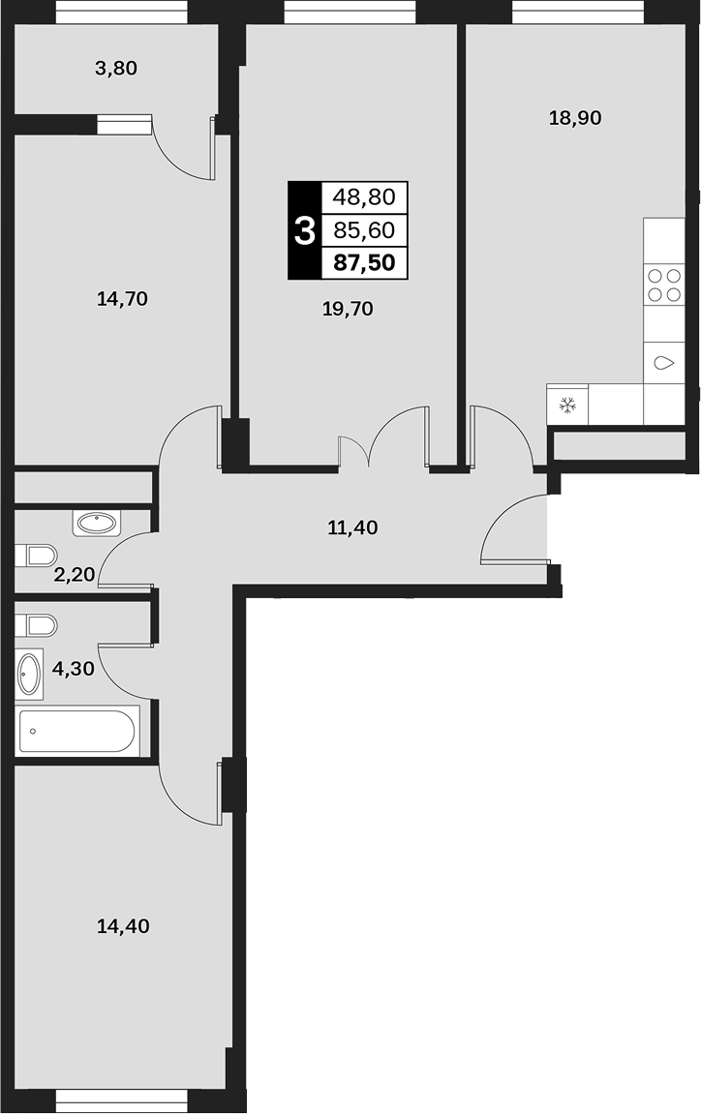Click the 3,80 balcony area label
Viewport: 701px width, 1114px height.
click(116, 69)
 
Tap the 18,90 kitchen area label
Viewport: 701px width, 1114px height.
click(575, 118)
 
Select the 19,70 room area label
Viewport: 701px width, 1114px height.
click(348, 309)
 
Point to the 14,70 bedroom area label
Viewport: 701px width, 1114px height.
click(122, 299)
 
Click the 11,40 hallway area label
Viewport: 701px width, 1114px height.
click(352, 527)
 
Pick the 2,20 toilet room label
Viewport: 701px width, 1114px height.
click(74, 574)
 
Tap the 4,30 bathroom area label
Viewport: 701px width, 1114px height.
click(74, 668)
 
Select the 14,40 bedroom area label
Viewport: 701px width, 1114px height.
click(123, 926)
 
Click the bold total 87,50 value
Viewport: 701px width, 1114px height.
click(365, 263)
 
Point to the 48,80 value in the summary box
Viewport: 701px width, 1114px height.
click(365, 196)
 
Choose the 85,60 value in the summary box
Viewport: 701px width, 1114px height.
click(365, 230)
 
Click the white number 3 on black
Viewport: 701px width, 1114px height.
click(304, 231)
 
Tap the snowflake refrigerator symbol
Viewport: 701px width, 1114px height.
click(567, 406)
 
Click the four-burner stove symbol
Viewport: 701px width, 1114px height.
click(664, 285)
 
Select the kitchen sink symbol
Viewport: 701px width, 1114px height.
click(664, 364)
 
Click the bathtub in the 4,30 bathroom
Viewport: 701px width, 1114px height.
click(77, 730)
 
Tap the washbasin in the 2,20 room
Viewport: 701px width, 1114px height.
click(97, 525)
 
